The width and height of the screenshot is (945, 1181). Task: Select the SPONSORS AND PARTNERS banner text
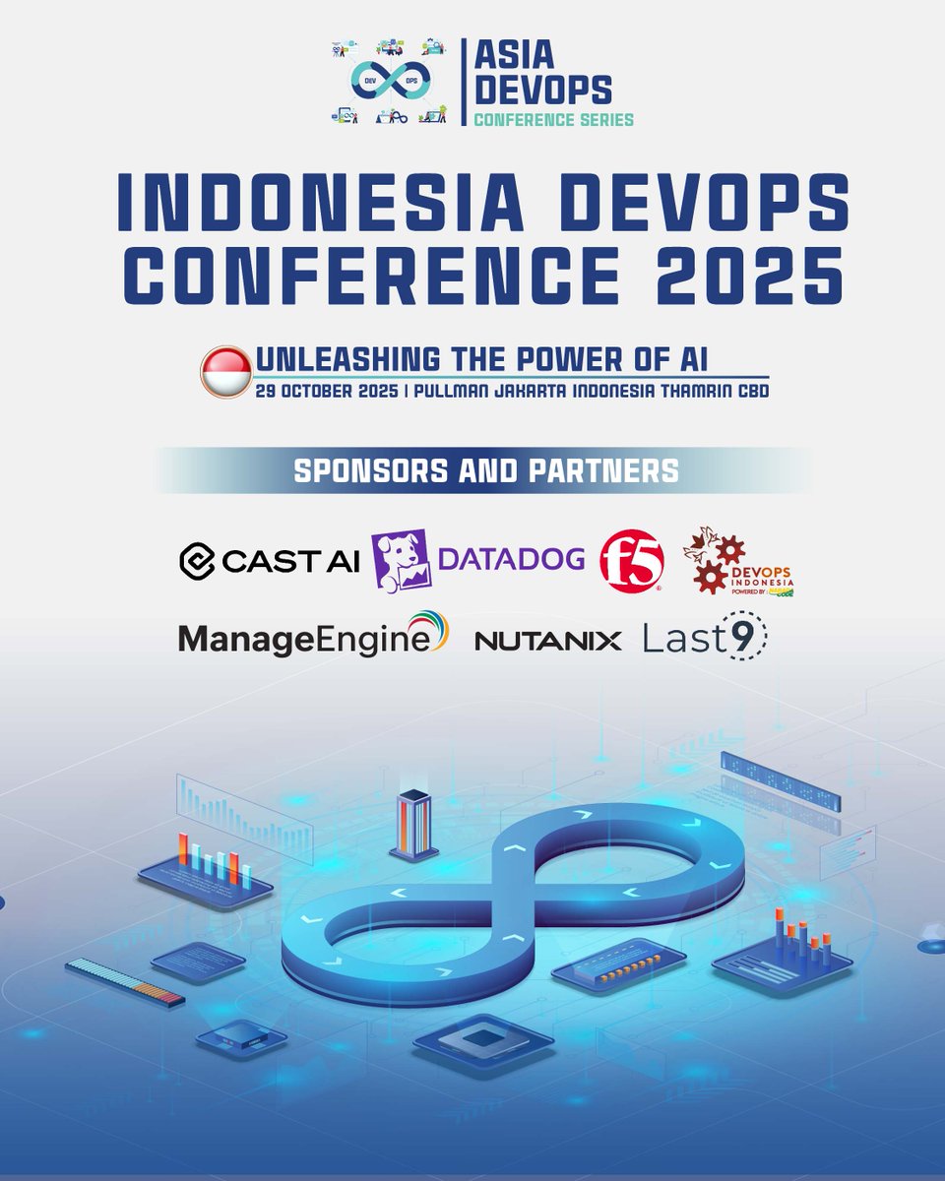coord(486,470)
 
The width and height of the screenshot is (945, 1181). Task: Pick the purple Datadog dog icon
coord(400,559)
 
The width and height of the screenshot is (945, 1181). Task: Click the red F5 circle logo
coord(632,560)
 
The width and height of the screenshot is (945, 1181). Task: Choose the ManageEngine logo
coord(313,638)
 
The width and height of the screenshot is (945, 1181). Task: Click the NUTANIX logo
coord(547,641)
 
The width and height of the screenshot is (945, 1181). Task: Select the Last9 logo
coord(704,640)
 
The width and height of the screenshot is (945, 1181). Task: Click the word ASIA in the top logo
coord(514,56)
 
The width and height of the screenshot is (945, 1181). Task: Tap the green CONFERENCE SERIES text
coord(553,119)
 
